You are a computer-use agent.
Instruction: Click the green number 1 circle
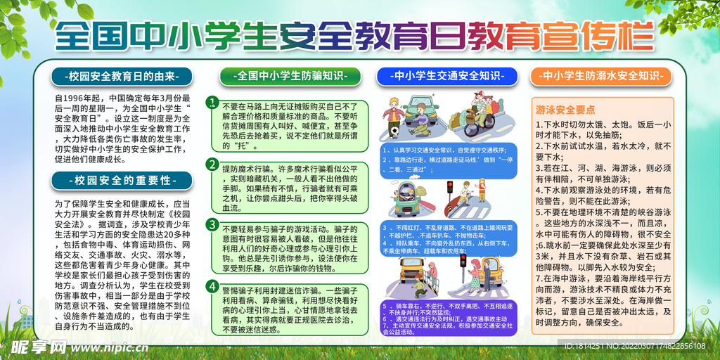211,102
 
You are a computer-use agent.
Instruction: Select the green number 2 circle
211,165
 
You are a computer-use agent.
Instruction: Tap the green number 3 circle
211,224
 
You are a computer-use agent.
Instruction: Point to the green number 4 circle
211,285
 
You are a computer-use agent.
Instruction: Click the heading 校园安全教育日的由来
122,75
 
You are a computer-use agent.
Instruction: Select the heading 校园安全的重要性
122,180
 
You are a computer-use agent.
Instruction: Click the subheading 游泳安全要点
565,110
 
